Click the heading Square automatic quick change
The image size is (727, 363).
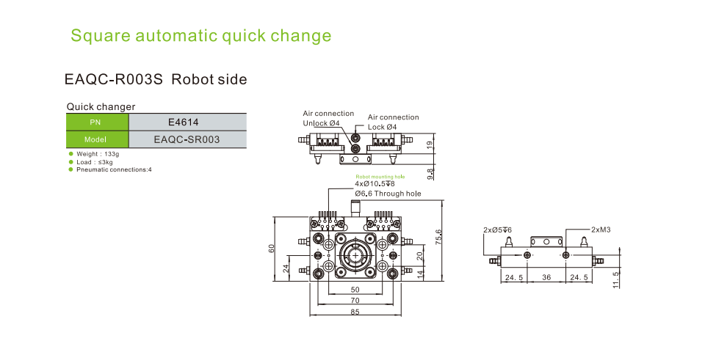(x=200, y=36)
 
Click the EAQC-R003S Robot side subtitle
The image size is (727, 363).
(x=156, y=79)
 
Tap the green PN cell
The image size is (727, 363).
(x=97, y=122)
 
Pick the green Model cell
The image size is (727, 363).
(x=97, y=139)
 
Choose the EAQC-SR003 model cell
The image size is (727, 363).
(x=187, y=139)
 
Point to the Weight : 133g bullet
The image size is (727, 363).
(x=98, y=155)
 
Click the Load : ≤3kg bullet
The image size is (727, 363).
(x=94, y=162)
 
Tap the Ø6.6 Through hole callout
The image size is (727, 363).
(x=388, y=194)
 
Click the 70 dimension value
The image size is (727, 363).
(x=355, y=301)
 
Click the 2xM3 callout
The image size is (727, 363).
(x=601, y=230)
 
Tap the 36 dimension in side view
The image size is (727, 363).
(x=546, y=278)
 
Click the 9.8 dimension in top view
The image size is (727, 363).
(x=430, y=173)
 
